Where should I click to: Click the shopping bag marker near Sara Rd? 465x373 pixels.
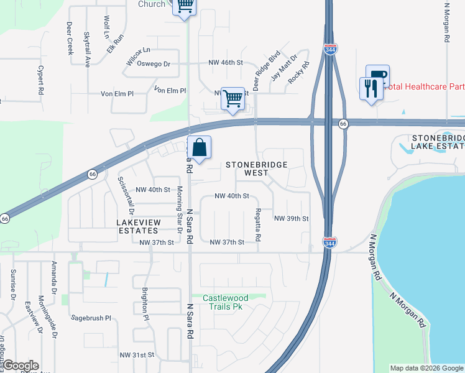pyautogui.click(x=200, y=149)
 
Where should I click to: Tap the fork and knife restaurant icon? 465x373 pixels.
pyautogui.click(x=371, y=88)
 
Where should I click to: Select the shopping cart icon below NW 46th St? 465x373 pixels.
pyautogui.click(x=233, y=98)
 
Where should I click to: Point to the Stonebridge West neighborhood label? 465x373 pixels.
pyautogui.click(x=250, y=168)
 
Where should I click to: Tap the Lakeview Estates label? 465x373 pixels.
pyautogui.click(x=139, y=226)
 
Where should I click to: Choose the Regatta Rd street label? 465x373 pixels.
pyautogui.click(x=258, y=224)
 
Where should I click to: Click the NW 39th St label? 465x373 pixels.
pyautogui.click(x=292, y=219)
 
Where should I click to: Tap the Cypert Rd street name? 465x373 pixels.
pyautogui.click(x=40, y=80)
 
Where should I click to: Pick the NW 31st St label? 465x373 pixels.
pyautogui.click(x=137, y=354)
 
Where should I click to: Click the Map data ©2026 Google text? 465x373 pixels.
pyautogui.click(x=426, y=368)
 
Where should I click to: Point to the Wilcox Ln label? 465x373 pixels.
pyautogui.click(x=138, y=50)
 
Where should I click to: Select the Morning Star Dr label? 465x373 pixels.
pyautogui.click(x=180, y=209)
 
